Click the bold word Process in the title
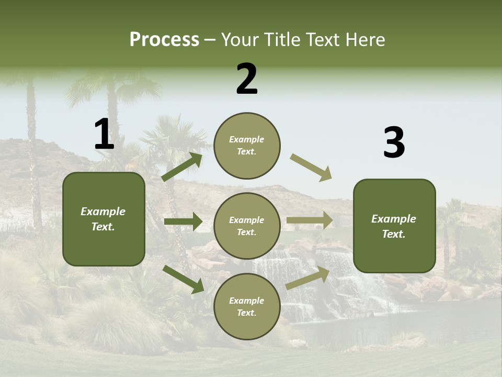click(x=164, y=40)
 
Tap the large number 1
click(x=104, y=135)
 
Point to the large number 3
click(x=394, y=143)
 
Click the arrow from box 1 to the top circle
click(x=182, y=167)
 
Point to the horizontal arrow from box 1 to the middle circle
click(x=183, y=221)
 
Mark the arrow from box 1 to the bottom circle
click(x=183, y=279)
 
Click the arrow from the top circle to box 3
click(x=311, y=168)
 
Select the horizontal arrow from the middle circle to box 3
click(x=310, y=220)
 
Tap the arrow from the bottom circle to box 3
click(x=307, y=278)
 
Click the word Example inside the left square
click(x=103, y=212)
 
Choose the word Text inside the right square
click(x=393, y=234)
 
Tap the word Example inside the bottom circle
click(x=247, y=301)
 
